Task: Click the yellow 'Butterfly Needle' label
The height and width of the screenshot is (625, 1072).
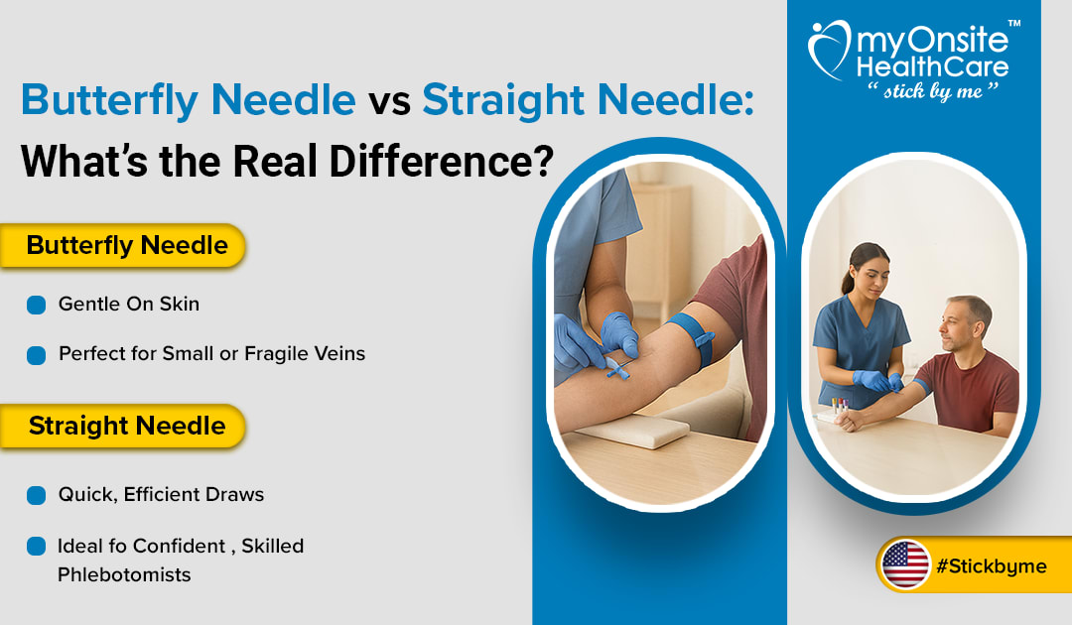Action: pyautogui.click(x=127, y=245)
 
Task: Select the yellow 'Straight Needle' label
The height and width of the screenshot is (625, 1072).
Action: pyautogui.click(x=127, y=427)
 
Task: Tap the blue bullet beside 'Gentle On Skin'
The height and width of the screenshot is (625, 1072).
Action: pyautogui.click(x=37, y=305)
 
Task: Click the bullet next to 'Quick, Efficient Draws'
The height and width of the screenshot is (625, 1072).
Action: pyautogui.click(x=37, y=494)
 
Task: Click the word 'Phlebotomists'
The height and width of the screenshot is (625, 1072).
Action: pyautogui.click(x=124, y=574)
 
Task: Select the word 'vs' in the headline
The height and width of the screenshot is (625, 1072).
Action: pyautogui.click(x=388, y=101)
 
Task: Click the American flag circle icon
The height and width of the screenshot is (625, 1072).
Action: pyautogui.click(x=905, y=565)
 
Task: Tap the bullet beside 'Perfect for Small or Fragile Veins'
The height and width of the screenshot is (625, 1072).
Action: pyautogui.click(x=37, y=354)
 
